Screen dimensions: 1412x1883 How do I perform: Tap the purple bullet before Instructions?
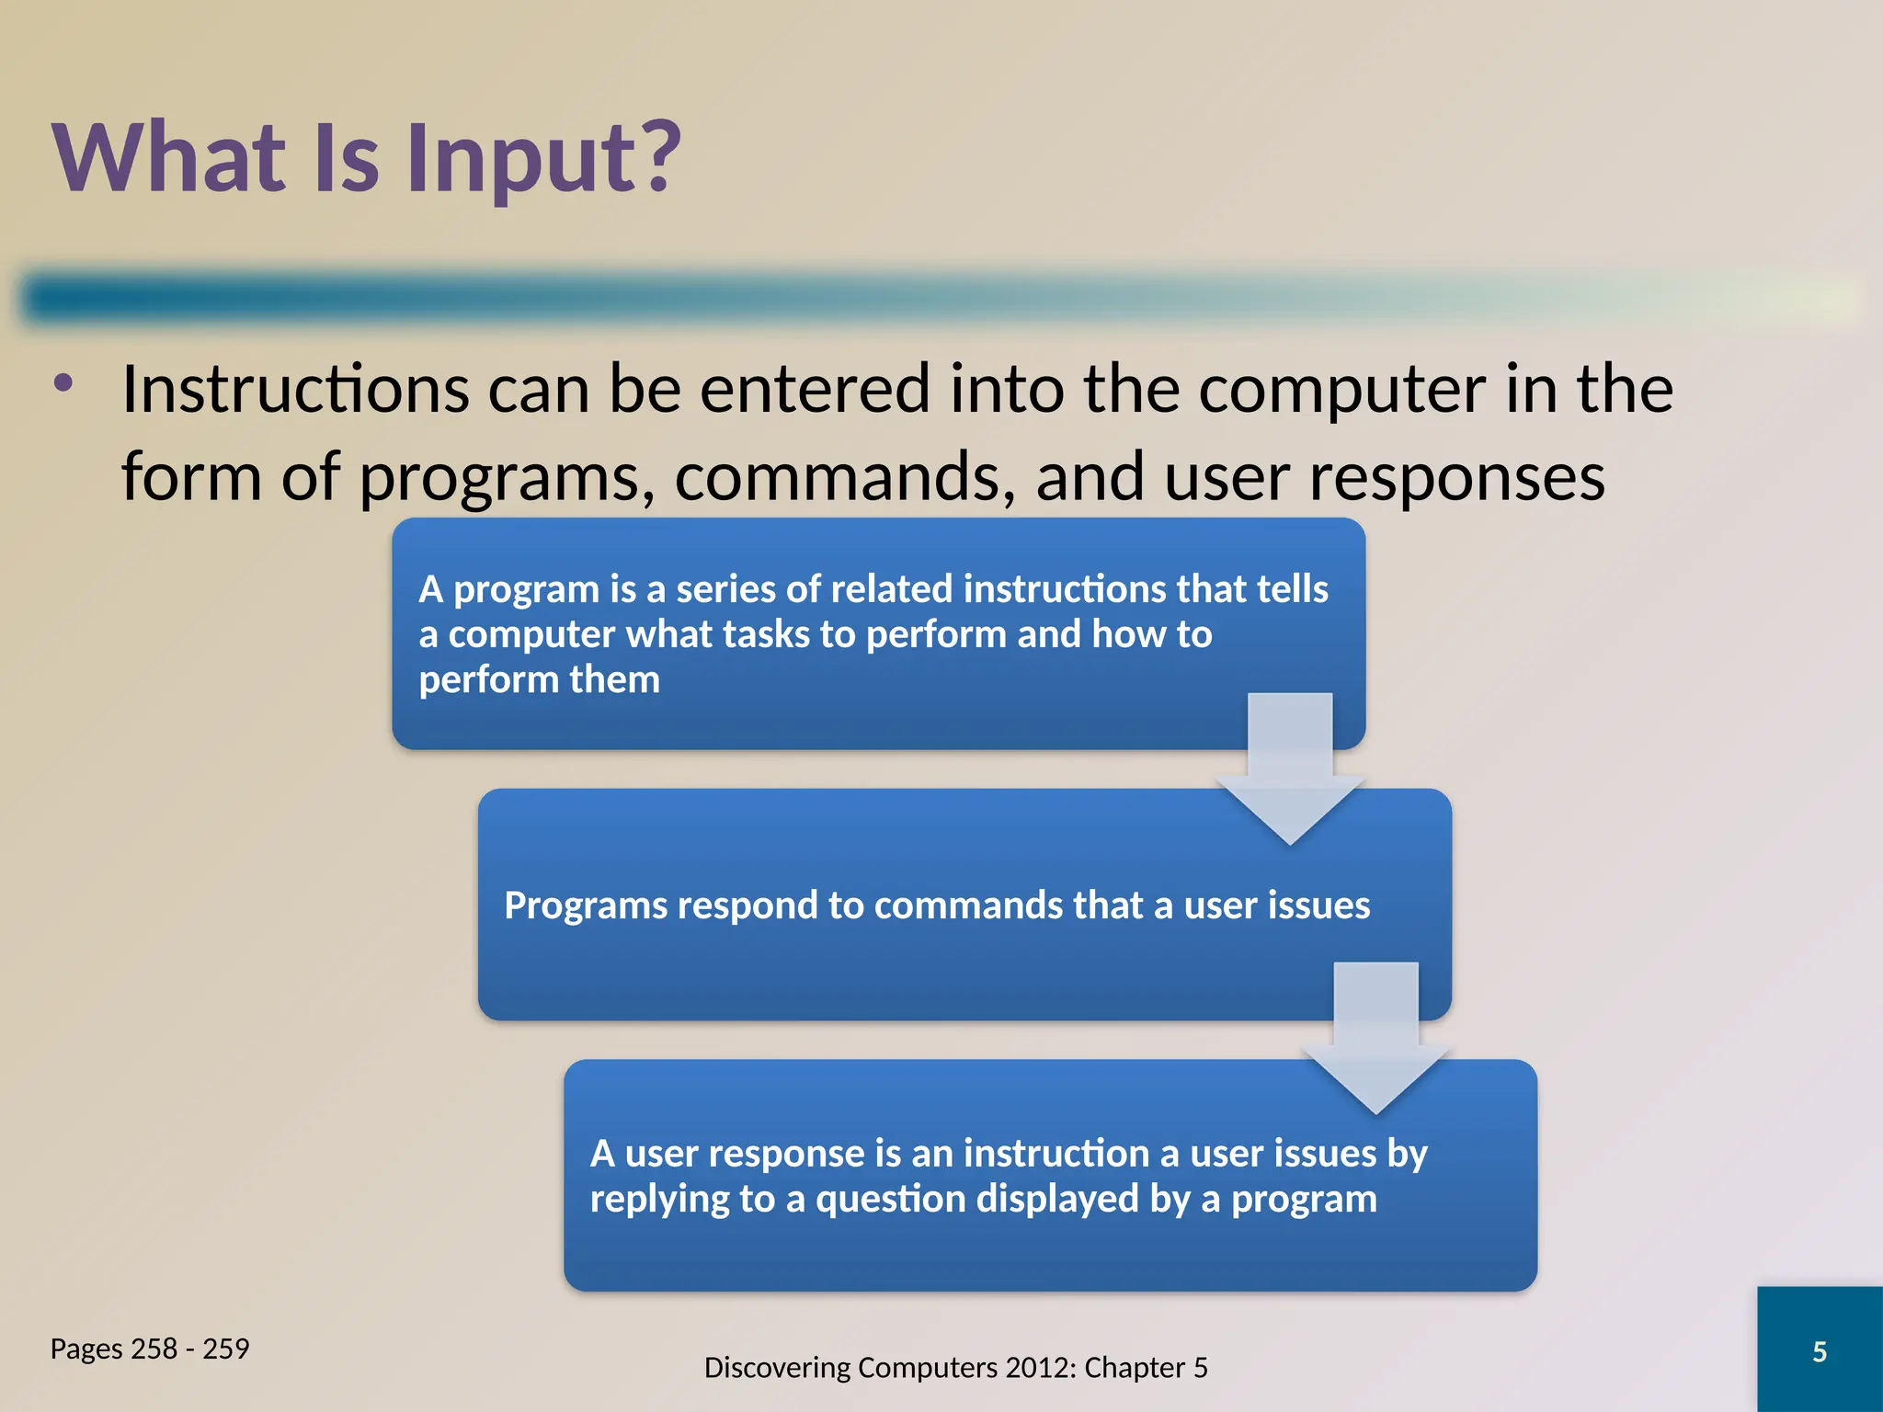(63, 383)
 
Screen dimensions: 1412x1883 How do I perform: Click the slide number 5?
(1819, 1351)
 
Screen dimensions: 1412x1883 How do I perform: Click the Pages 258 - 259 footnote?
(150, 1349)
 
